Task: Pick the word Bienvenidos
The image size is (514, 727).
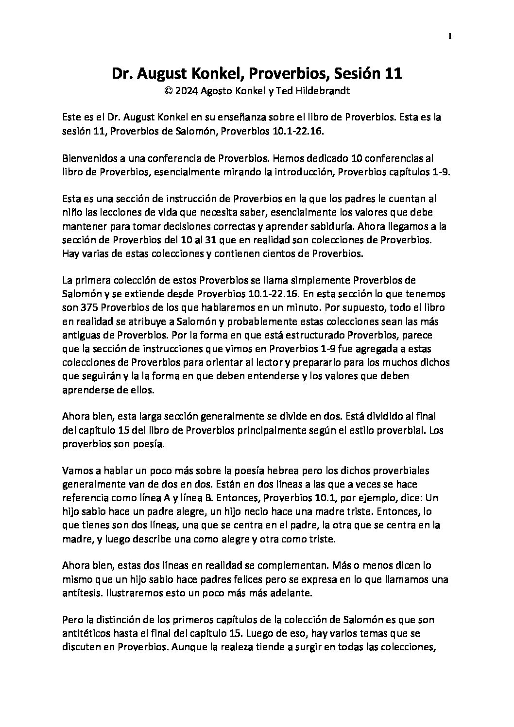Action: click(x=86, y=158)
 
